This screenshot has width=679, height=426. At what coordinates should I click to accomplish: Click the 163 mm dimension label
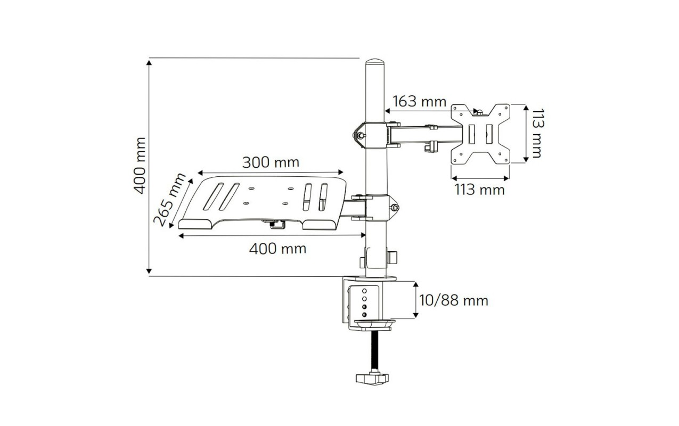coord(419,101)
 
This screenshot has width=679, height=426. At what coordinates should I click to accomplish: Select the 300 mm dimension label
coord(271,162)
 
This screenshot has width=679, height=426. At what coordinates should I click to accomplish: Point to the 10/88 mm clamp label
coord(454,300)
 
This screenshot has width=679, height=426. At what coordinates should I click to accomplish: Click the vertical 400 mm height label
coord(140,166)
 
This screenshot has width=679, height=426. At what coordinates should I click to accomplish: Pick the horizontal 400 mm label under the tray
coord(277,249)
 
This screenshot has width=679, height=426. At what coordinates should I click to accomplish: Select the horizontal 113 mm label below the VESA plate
coord(479,190)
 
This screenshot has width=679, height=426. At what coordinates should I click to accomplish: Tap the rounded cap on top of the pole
coord(375,62)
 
